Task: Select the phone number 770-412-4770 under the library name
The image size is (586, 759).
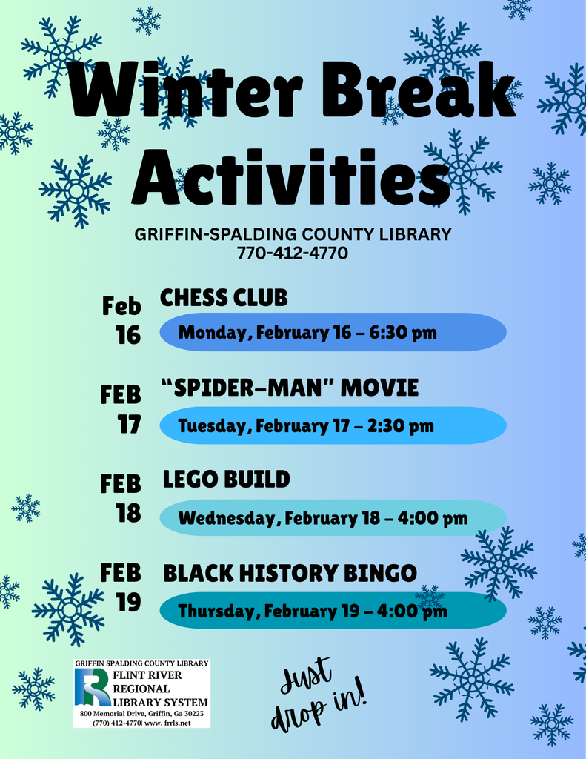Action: click(293, 253)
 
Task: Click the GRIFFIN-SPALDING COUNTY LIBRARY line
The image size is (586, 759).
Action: click(293, 234)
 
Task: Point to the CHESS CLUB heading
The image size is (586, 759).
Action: click(224, 298)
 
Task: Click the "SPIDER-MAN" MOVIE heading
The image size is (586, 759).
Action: click(290, 388)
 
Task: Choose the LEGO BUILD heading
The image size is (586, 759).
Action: click(226, 480)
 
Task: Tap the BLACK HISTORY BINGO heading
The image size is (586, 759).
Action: click(290, 573)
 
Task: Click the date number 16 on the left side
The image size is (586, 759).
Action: click(127, 336)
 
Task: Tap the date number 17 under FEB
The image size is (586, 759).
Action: click(128, 425)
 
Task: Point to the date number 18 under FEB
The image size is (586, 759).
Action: click(128, 513)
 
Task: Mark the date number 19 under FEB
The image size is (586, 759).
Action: click(128, 602)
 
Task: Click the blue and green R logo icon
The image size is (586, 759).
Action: click(92, 688)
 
